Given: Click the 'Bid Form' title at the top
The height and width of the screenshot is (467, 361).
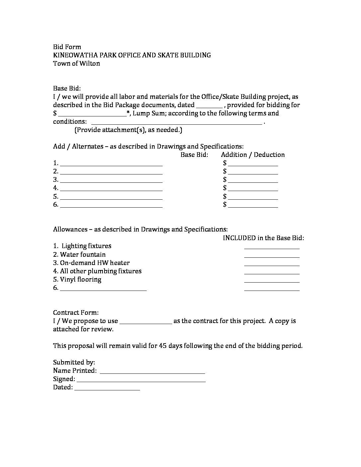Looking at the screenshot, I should pyautogui.click(x=67, y=47).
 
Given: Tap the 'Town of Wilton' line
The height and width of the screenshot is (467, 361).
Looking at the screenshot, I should pyautogui.click(x=76, y=63).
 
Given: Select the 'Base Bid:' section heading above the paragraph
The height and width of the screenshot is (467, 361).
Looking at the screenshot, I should pyautogui.click(x=67, y=88).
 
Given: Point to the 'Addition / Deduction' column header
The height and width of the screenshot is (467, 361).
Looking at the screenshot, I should pyautogui.click(x=253, y=155).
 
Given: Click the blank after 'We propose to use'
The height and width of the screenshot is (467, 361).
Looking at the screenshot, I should pyautogui.click(x=146, y=321).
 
